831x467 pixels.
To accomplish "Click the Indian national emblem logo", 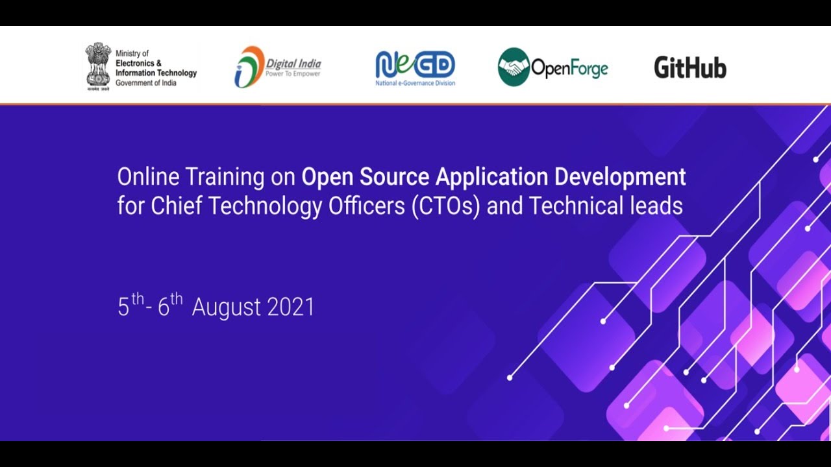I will pos(98,66).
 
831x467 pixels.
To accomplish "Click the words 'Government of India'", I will pos(145,83).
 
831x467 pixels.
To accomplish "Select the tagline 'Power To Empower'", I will pos(293,74).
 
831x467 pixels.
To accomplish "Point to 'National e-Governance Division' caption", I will pos(415,83).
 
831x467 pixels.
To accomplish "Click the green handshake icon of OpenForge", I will pos(514,67).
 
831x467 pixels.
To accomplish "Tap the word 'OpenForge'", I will pos(569,67).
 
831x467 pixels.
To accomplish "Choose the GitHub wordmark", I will pos(689,67).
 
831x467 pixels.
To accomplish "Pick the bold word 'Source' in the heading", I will pos(397,176).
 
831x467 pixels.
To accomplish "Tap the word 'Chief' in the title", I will pos(170,206).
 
